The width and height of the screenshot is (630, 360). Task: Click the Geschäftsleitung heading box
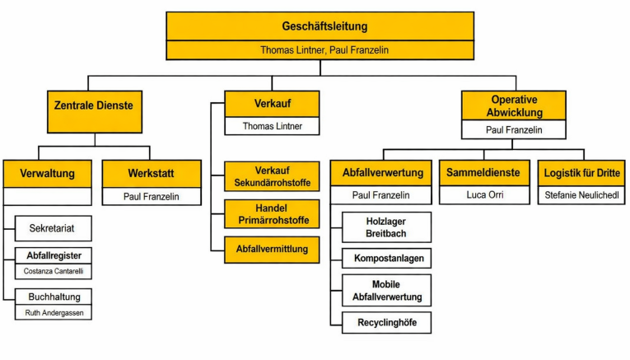point(320,26)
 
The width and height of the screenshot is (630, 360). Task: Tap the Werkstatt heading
point(151,174)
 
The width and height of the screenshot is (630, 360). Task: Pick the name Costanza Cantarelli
point(54,271)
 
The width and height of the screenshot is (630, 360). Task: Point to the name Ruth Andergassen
point(54,313)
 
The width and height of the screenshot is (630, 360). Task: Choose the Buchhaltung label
point(54,297)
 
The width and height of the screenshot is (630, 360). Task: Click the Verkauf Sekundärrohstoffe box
point(271,176)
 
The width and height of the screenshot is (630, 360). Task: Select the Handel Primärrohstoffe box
point(271,213)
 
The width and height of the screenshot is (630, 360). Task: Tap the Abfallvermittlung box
point(271,249)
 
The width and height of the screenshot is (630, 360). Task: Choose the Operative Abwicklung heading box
point(513,105)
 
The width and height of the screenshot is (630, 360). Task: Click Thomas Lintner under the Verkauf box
point(271,126)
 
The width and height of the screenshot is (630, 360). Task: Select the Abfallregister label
point(54,255)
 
